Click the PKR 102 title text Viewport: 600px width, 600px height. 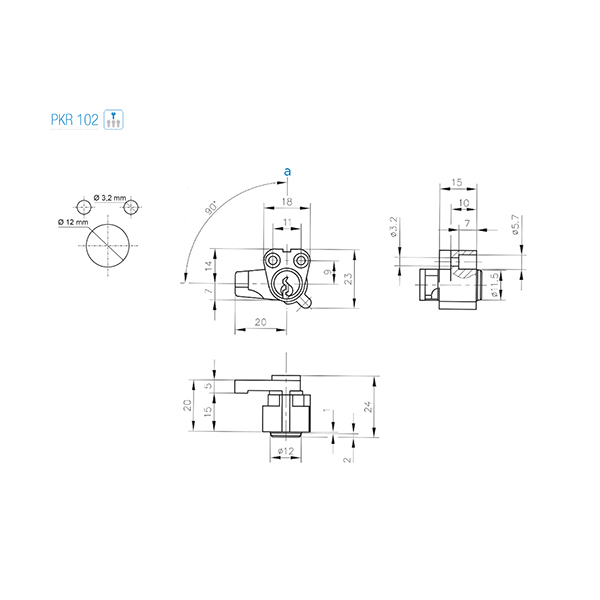click(75, 120)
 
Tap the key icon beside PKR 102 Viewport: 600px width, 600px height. click(114, 119)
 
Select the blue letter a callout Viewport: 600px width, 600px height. click(287, 172)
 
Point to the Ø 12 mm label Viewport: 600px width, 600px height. click(73, 222)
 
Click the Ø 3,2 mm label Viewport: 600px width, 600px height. click(110, 198)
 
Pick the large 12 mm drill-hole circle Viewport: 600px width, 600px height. click(108, 245)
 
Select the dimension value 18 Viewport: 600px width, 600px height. click(287, 202)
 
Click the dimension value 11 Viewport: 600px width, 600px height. click(287, 222)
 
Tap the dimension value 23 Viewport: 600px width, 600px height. click(348, 278)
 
